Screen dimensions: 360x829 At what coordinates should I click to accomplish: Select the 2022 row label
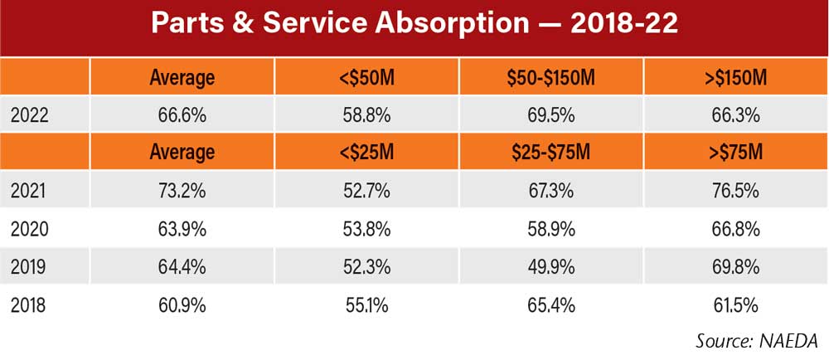[30, 115]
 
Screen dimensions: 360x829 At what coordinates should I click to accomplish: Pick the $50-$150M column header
[551, 78]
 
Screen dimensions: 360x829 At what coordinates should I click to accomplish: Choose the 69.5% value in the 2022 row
[551, 115]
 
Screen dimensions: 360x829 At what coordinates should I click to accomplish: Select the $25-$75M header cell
[551, 153]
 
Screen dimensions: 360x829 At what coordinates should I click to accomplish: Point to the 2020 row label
[30, 229]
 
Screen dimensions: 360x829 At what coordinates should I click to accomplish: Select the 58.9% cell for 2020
[551, 229]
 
